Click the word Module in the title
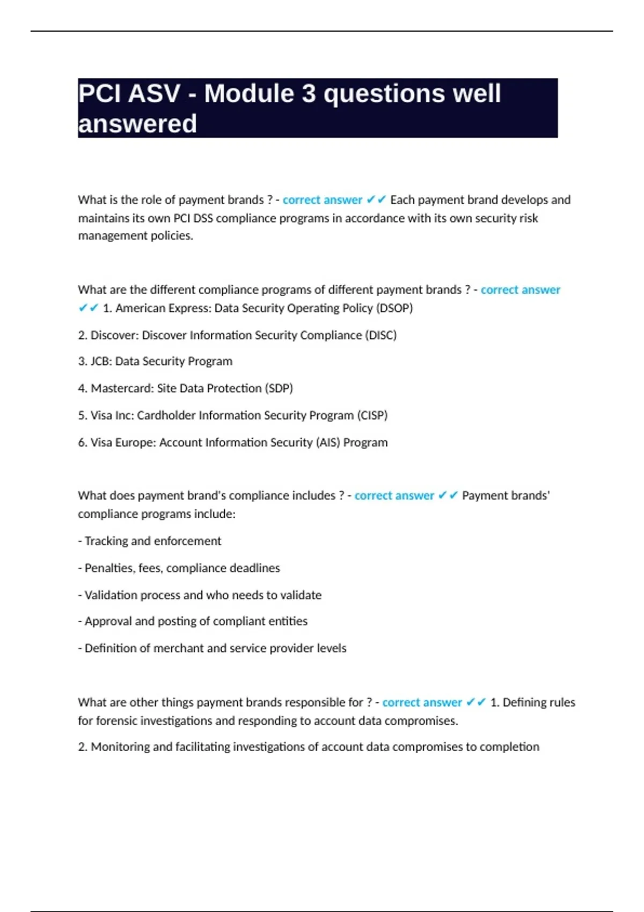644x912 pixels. (250, 94)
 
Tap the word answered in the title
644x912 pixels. (137, 124)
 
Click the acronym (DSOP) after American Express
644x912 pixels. (394, 308)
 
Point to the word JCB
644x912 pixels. (100, 362)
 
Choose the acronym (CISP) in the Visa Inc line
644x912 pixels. (372, 416)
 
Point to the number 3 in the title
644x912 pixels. (309, 94)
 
